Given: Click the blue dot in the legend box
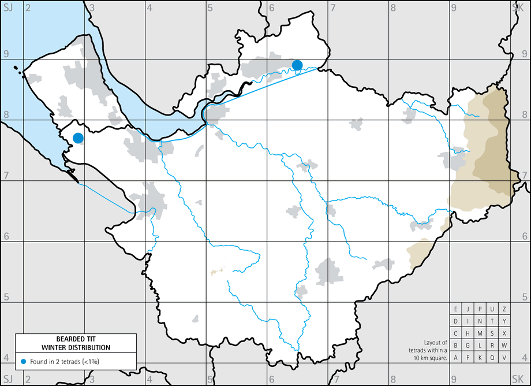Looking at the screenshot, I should point(23,361).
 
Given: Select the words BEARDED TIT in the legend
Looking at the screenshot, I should point(76,339).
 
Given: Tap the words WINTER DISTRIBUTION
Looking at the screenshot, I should point(76,347).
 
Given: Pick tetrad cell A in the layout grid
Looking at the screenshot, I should point(456,358).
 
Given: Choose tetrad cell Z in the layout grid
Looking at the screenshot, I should point(504,309).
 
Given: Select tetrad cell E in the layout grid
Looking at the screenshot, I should point(456,309).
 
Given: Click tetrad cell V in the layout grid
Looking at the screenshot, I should point(504,358).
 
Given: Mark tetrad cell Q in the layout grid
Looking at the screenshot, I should point(492,358).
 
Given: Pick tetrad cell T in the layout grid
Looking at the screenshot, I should point(492,321).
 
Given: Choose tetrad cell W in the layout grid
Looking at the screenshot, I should point(504,346).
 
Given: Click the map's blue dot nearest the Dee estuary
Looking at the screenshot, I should point(78,138).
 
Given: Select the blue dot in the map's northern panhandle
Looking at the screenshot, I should point(297,65).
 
